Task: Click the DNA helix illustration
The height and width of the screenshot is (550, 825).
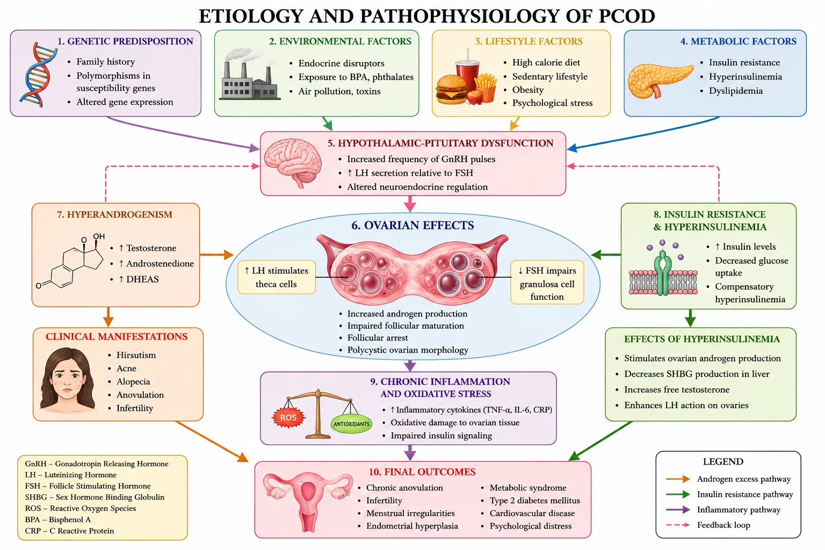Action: point(38,74)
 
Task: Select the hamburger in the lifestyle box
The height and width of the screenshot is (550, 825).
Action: point(451,89)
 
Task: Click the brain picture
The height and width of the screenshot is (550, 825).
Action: point(293,162)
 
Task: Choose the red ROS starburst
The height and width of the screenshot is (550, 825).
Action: point(288,417)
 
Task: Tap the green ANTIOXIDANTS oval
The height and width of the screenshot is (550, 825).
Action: point(351,424)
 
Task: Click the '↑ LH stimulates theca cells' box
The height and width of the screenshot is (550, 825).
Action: point(277,277)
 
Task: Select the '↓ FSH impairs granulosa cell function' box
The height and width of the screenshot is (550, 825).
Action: point(547,283)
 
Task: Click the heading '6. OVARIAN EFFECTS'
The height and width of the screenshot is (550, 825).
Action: point(412,225)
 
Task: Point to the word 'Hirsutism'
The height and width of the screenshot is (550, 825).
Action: point(136,354)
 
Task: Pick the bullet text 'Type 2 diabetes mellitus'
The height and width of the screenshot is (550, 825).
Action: point(535,500)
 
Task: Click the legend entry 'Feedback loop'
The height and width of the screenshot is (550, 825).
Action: point(723,525)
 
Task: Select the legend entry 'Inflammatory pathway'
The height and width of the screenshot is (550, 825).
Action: point(739,510)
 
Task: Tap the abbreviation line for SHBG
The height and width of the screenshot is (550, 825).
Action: point(95,497)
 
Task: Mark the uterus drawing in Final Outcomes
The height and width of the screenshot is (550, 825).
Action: point(308,501)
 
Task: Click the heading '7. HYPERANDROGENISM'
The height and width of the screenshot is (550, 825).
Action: point(114,214)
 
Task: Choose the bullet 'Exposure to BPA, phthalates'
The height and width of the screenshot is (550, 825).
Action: point(356,77)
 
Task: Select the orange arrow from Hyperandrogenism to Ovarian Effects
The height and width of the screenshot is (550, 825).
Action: point(216,255)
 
